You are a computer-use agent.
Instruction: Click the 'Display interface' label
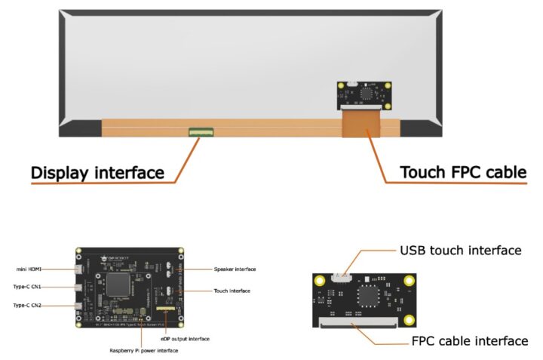point(97,173)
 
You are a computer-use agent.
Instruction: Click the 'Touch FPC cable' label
point(462,173)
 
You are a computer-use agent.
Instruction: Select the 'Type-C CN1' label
point(32,287)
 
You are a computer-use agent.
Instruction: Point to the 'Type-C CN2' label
point(32,305)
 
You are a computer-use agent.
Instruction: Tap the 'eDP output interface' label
point(184,339)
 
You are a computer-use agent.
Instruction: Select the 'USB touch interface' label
point(460,250)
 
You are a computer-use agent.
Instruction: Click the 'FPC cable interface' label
point(469,340)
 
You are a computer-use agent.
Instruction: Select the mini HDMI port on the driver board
point(79,269)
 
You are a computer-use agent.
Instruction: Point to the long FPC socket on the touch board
point(360,322)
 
